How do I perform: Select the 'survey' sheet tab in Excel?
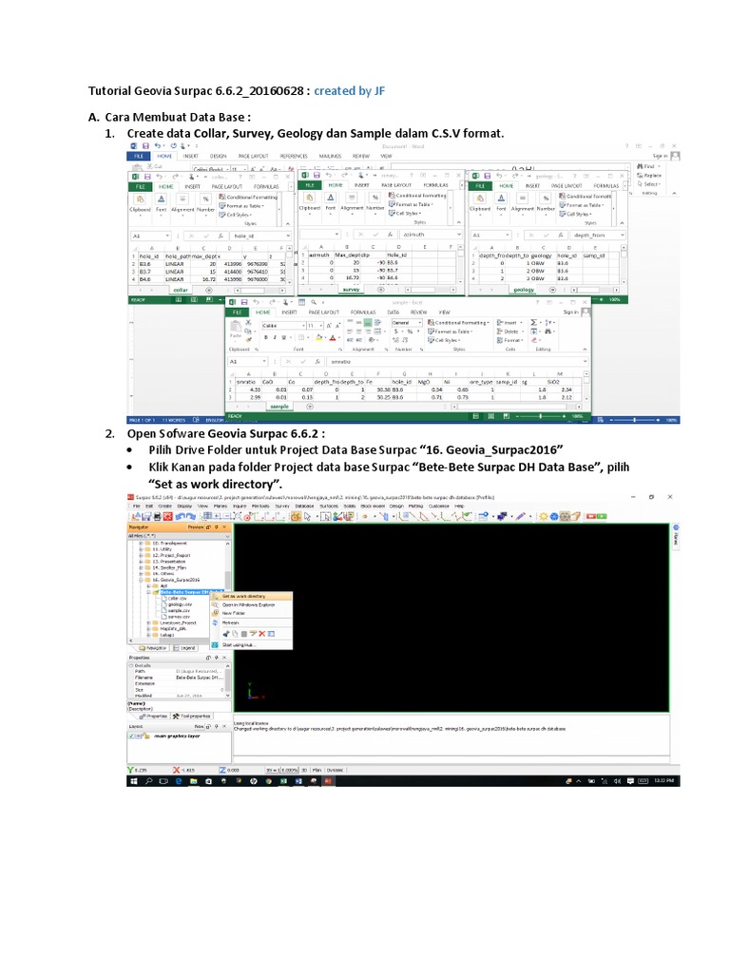351,290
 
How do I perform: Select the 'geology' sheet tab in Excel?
524,290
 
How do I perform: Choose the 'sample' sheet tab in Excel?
279,406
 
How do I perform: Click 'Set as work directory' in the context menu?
246,597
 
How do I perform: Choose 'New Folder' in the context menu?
235,614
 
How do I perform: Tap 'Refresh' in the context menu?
231,623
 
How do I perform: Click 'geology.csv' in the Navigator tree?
181,604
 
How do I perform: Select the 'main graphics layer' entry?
179,735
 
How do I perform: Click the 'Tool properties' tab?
196,715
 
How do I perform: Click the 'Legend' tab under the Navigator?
186,648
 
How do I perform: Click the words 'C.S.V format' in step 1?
465,133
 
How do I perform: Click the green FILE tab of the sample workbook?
234,312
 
